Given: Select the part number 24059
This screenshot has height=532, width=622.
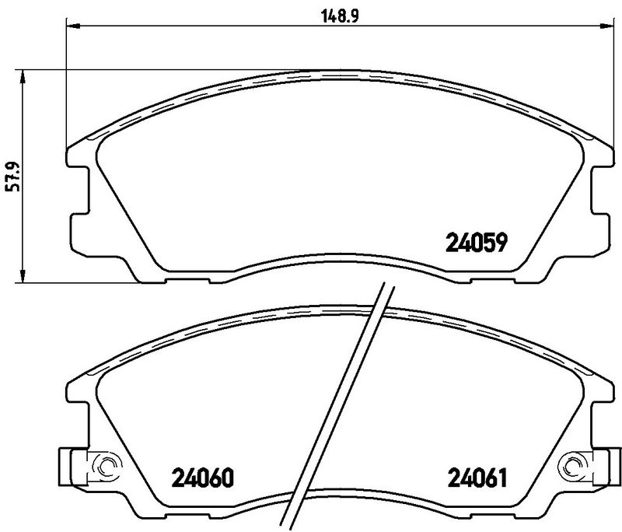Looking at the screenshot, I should pyautogui.click(x=477, y=244).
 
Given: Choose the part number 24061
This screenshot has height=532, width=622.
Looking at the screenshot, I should pyautogui.click(x=477, y=476).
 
